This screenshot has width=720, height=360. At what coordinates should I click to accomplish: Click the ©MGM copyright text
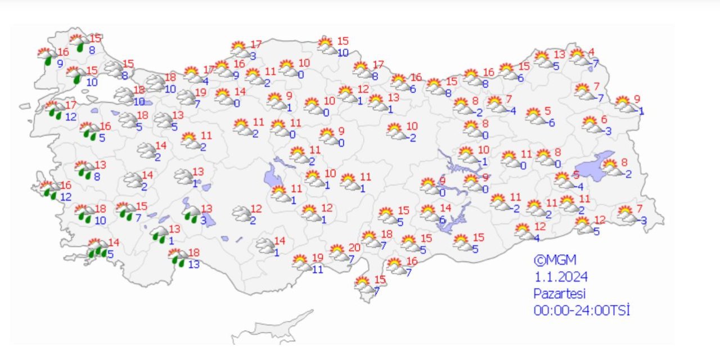[x=555, y=260]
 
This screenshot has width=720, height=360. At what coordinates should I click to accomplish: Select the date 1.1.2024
[x=560, y=277]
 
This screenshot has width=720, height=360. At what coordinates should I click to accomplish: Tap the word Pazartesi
[x=560, y=293]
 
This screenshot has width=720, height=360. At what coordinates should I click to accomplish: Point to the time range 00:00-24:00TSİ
[x=582, y=310]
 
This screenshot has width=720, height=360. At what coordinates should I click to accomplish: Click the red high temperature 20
[x=354, y=247]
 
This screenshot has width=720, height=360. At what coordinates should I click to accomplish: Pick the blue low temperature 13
[x=194, y=264]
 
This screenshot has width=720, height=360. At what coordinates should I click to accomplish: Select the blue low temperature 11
[x=318, y=269]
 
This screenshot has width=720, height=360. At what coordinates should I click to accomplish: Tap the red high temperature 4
[x=591, y=52]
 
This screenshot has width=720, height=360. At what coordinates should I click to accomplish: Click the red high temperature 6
[x=604, y=119]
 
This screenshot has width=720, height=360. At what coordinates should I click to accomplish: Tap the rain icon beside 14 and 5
[x=98, y=249]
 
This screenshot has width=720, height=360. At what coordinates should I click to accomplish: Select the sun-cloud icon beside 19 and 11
[x=301, y=262]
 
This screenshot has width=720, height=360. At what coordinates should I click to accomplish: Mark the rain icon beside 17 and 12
[x=55, y=110]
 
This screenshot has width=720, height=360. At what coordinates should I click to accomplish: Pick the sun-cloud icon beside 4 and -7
[x=578, y=57]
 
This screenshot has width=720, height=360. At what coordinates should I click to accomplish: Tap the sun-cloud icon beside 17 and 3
[x=239, y=49]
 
